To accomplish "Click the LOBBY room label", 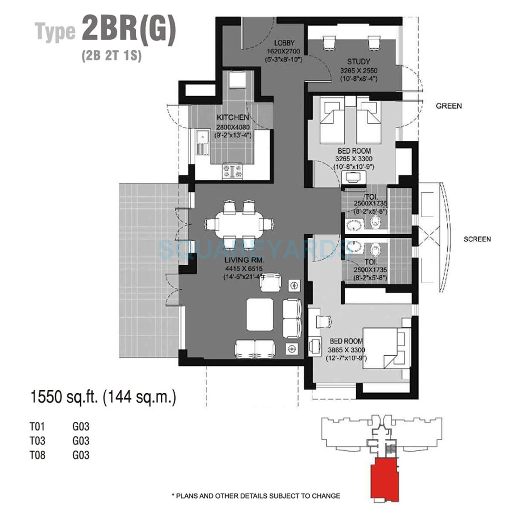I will click(x=284, y=43).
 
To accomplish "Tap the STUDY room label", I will click(x=358, y=61).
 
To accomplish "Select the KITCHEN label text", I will click(x=233, y=118).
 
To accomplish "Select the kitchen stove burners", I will click(x=232, y=171).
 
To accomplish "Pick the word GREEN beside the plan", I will click(x=448, y=106).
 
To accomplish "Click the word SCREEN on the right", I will click(x=477, y=239).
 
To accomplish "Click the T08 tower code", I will click(x=37, y=455).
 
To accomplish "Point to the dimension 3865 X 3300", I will click(x=346, y=350).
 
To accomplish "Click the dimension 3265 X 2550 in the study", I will click(x=358, y=70).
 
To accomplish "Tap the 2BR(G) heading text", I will click(x=128, y=30).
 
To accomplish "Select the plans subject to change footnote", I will click(x=256, y=496).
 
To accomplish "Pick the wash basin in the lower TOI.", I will click(x=354, y=246).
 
